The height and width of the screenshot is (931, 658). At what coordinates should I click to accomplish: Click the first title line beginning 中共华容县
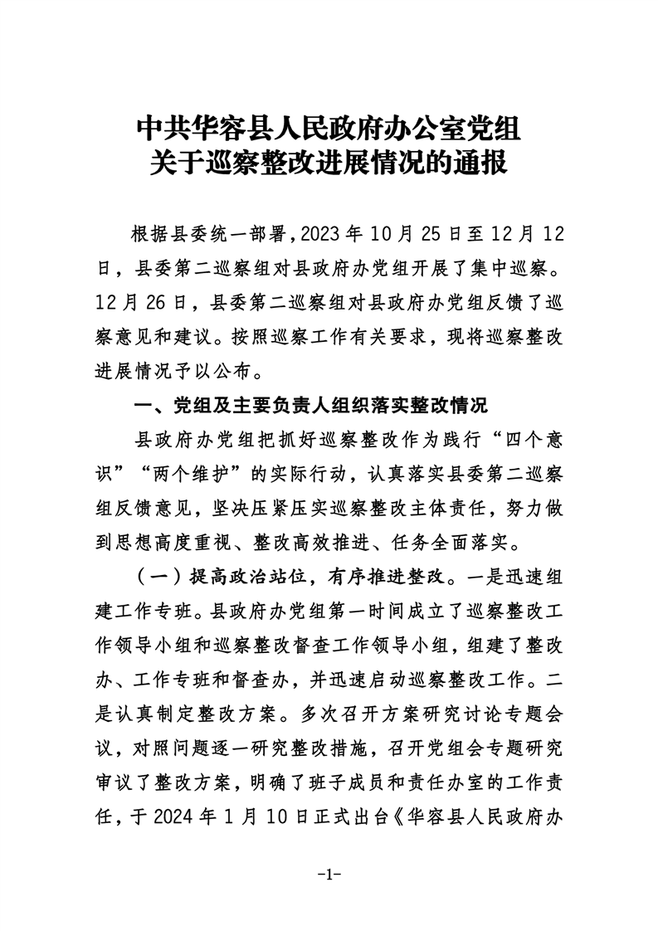[329, 129]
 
